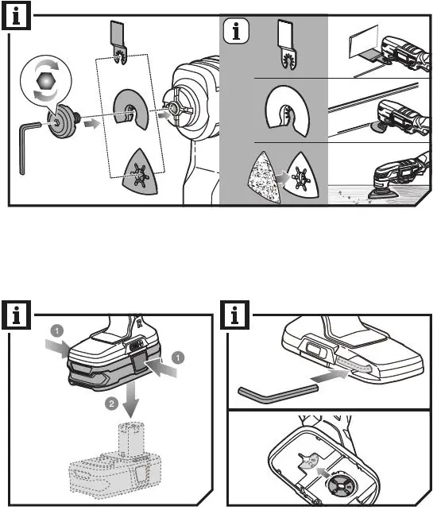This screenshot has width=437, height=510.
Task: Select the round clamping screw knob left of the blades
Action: pyautogui.click(x=62, y=121)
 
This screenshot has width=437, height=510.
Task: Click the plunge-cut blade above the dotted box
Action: pyautogui.click(x=118, y=43)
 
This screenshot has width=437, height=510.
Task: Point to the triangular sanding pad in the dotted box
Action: pyautogui.click(x=141, y=172)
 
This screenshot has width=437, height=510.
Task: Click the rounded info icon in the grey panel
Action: pyautogui.click(x=236, y=31)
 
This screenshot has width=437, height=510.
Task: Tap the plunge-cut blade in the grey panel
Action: pyautogui.click(x=287, y=44)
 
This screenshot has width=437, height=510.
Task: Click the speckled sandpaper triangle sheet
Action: pyautogui.click(x=265, y=178)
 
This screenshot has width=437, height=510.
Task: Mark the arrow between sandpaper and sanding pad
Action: pyautogui.click(x=282, y=178)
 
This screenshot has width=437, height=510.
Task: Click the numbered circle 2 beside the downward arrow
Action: pyautogui.click(x=111, y=404)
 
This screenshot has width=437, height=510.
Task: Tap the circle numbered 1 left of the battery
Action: pyautogui.click(x=57, y=331)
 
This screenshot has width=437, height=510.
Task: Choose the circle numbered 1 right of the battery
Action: pyautogui.click(x=178, y=357)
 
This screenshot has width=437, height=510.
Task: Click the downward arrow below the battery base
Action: pyautogui.click(x=131, y=399)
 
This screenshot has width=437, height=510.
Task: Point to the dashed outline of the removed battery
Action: pyautogui.click(x=115, y=462)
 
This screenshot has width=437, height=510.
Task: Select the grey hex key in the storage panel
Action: pyautogui.click(x=278, y=394)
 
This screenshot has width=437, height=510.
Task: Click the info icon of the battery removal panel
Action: pyautogui.click(x=16, y=315)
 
